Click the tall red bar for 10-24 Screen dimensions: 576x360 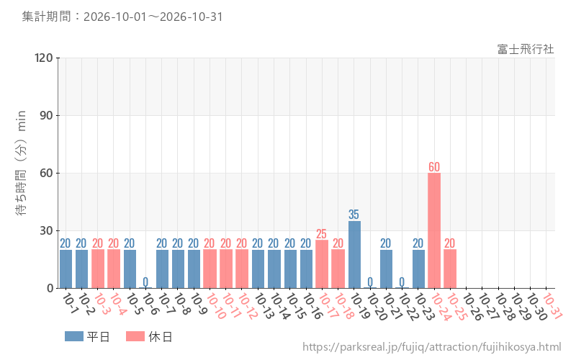point(434,230)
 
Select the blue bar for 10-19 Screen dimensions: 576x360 point(354,255)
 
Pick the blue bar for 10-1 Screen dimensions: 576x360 point(66,269)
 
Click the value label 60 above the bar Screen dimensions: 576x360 point(434,167)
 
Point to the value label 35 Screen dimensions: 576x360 point(354,214)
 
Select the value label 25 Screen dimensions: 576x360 point(321,233)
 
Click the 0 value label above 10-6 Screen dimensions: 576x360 point(145,282)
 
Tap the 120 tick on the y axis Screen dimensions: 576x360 point(43,58)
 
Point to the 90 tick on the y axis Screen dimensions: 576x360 point(46,115)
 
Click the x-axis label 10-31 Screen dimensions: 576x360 point(552,306)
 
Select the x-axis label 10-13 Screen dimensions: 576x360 point(264,306)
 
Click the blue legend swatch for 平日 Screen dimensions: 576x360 point(74,336)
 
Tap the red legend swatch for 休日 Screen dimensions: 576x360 point(135,336)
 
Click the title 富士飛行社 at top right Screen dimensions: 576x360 point(526,49)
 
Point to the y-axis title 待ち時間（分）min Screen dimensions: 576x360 point(22,163)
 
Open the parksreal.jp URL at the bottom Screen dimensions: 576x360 point(431,347)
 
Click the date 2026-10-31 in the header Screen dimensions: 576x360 point(192,17)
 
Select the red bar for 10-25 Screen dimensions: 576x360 point(450,269)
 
